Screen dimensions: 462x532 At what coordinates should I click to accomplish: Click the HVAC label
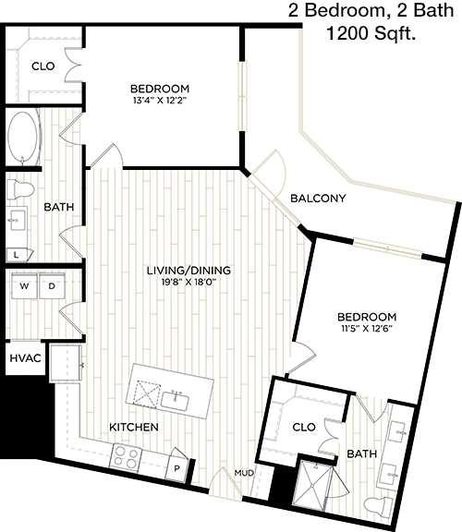click(x=25, y=358)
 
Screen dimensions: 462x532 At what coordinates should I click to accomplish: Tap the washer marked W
click(x=24, y=285)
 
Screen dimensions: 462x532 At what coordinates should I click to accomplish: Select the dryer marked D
click(x=52, y=285)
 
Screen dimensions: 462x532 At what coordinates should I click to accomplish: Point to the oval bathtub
click(x=22, y=137)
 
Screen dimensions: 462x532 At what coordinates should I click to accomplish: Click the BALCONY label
click(x=318, y=198)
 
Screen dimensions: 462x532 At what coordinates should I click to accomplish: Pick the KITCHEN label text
click(x=134, y=427)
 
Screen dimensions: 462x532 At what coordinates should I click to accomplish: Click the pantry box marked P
click(x=176, y=468)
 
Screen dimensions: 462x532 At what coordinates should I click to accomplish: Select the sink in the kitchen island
click(x=175, y=401)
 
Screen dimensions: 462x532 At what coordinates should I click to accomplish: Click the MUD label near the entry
click(x=244, y=473)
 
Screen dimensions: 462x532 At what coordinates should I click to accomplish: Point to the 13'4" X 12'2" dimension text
click(x=160, y=101)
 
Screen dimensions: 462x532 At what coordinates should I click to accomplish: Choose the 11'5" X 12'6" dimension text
click(x=367, y=329)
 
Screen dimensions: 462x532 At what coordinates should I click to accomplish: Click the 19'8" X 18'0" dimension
click(x=188, y=282)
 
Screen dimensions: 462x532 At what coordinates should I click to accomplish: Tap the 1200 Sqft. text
click(x=371, y=33)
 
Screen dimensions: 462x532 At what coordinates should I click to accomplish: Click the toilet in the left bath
click(x=20, y=189)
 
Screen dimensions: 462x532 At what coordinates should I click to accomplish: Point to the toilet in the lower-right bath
click(x=379, y=505)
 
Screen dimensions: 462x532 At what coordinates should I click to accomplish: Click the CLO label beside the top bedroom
click(x=43, y=66)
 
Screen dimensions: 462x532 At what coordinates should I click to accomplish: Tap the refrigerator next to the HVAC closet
click(x=66, y=363)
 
